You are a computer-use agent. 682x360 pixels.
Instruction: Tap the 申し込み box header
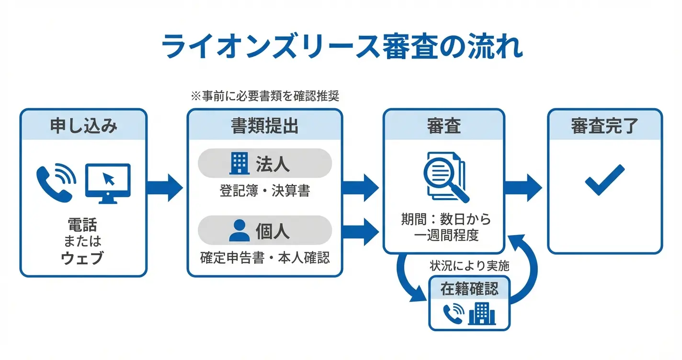(83, 125)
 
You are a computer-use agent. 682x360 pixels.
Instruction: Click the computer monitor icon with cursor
(108, 183)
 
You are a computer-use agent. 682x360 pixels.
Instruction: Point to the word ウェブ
(83, 259)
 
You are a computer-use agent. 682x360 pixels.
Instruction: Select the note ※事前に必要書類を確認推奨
(265, 96)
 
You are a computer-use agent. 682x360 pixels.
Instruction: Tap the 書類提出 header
(264, 125)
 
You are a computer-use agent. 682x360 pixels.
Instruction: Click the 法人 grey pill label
(264, 163)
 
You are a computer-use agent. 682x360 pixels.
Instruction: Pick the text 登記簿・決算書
(264, 191)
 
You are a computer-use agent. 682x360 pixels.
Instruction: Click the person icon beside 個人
(239, 230)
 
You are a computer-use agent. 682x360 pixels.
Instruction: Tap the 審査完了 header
(604, 125)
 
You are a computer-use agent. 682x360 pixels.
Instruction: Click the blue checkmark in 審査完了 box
(605, 180)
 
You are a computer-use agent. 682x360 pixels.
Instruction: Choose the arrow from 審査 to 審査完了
(524, 188)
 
